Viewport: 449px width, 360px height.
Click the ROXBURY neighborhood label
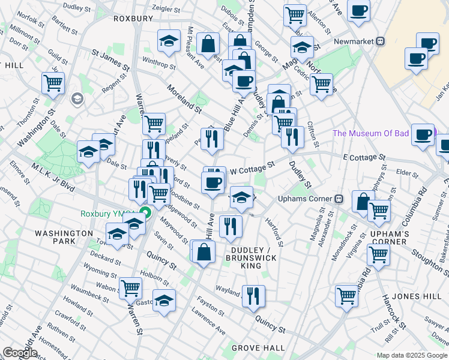click(133, 19)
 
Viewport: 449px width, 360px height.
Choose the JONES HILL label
click(413, 296)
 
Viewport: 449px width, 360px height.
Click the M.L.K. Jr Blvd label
click(54, 178)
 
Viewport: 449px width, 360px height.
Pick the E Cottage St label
click(364, 158)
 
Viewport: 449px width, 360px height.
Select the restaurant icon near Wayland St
click(254, 295)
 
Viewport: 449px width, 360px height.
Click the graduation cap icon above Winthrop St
click(169, 41)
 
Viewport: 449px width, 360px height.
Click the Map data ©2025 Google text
click(412, 355)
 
